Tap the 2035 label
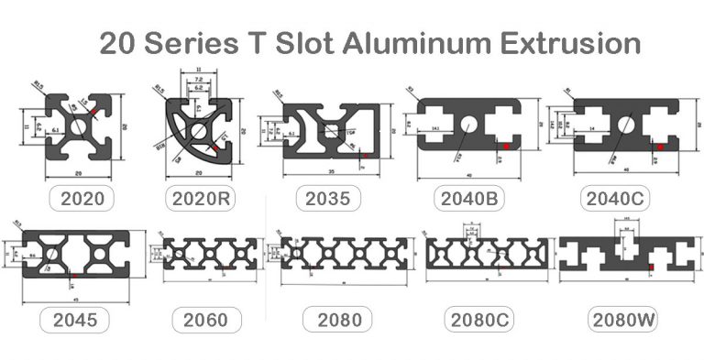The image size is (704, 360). point(326,197)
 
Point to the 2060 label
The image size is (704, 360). point(205,320)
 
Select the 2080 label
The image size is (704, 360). point(338,320)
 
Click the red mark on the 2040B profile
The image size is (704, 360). point(505,145)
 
